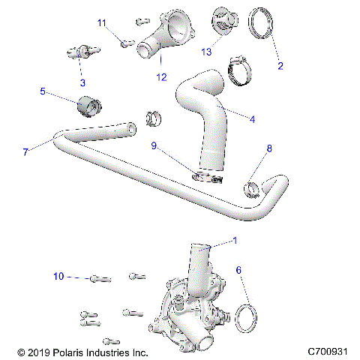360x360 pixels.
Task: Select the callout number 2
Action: (x=280, y=65)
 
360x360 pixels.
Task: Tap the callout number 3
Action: (x=82, y=82)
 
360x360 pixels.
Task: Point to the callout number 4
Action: (x=252, y=118)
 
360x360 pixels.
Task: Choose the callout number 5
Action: (x=43, y=91)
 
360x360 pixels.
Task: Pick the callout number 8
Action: (x=268, y=149)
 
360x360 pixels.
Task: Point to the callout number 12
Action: (x=159, y=75)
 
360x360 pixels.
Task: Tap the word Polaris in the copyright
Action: (x=71, y=351)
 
